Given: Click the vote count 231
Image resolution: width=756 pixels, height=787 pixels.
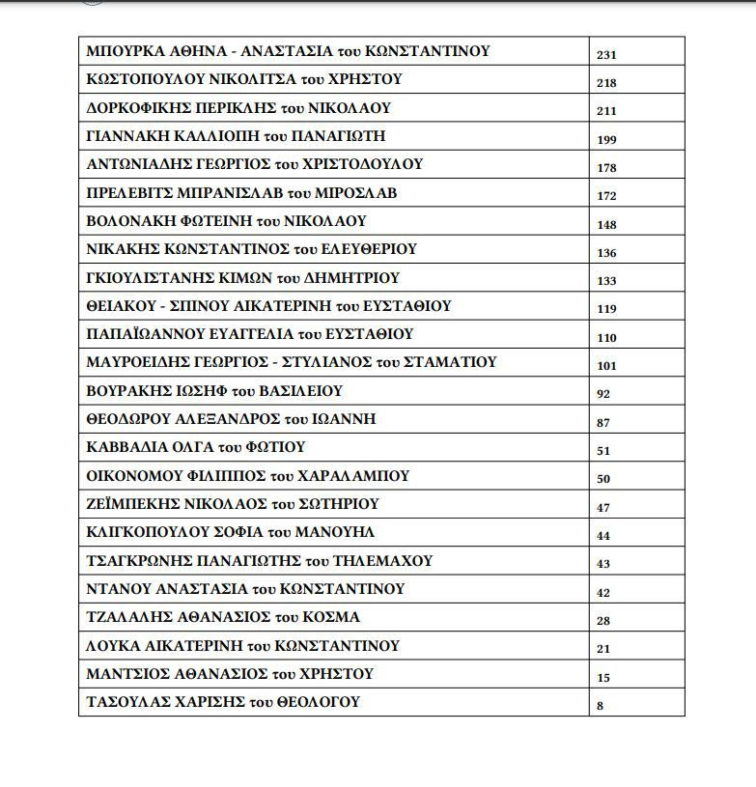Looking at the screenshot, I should tap(606, 55).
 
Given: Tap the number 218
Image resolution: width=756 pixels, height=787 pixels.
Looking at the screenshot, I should tap(606, 83).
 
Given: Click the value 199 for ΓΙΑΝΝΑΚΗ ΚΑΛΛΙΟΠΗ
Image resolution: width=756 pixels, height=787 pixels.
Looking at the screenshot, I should tap(606, 140).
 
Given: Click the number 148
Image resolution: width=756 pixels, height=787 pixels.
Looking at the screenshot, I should tap(606, 225).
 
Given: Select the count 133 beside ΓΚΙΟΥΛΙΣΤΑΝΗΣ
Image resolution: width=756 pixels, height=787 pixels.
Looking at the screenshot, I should tap(606, 281).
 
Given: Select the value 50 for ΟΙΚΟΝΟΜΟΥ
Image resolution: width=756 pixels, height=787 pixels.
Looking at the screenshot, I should tap(603, 479).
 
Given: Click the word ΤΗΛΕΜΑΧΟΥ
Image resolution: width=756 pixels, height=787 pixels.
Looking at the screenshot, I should tap(383, 560).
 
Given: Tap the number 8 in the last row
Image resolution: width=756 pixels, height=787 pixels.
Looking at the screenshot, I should tap(601, 706).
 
